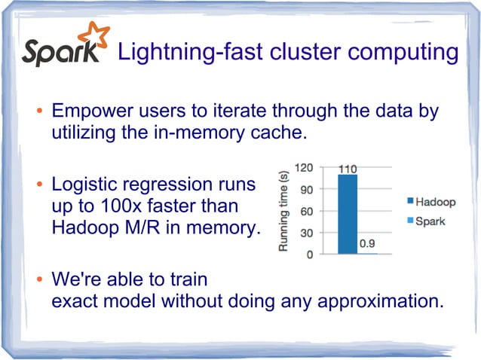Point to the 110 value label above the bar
347,169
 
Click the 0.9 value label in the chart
367,243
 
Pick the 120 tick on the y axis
304,167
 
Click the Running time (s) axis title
284,210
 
